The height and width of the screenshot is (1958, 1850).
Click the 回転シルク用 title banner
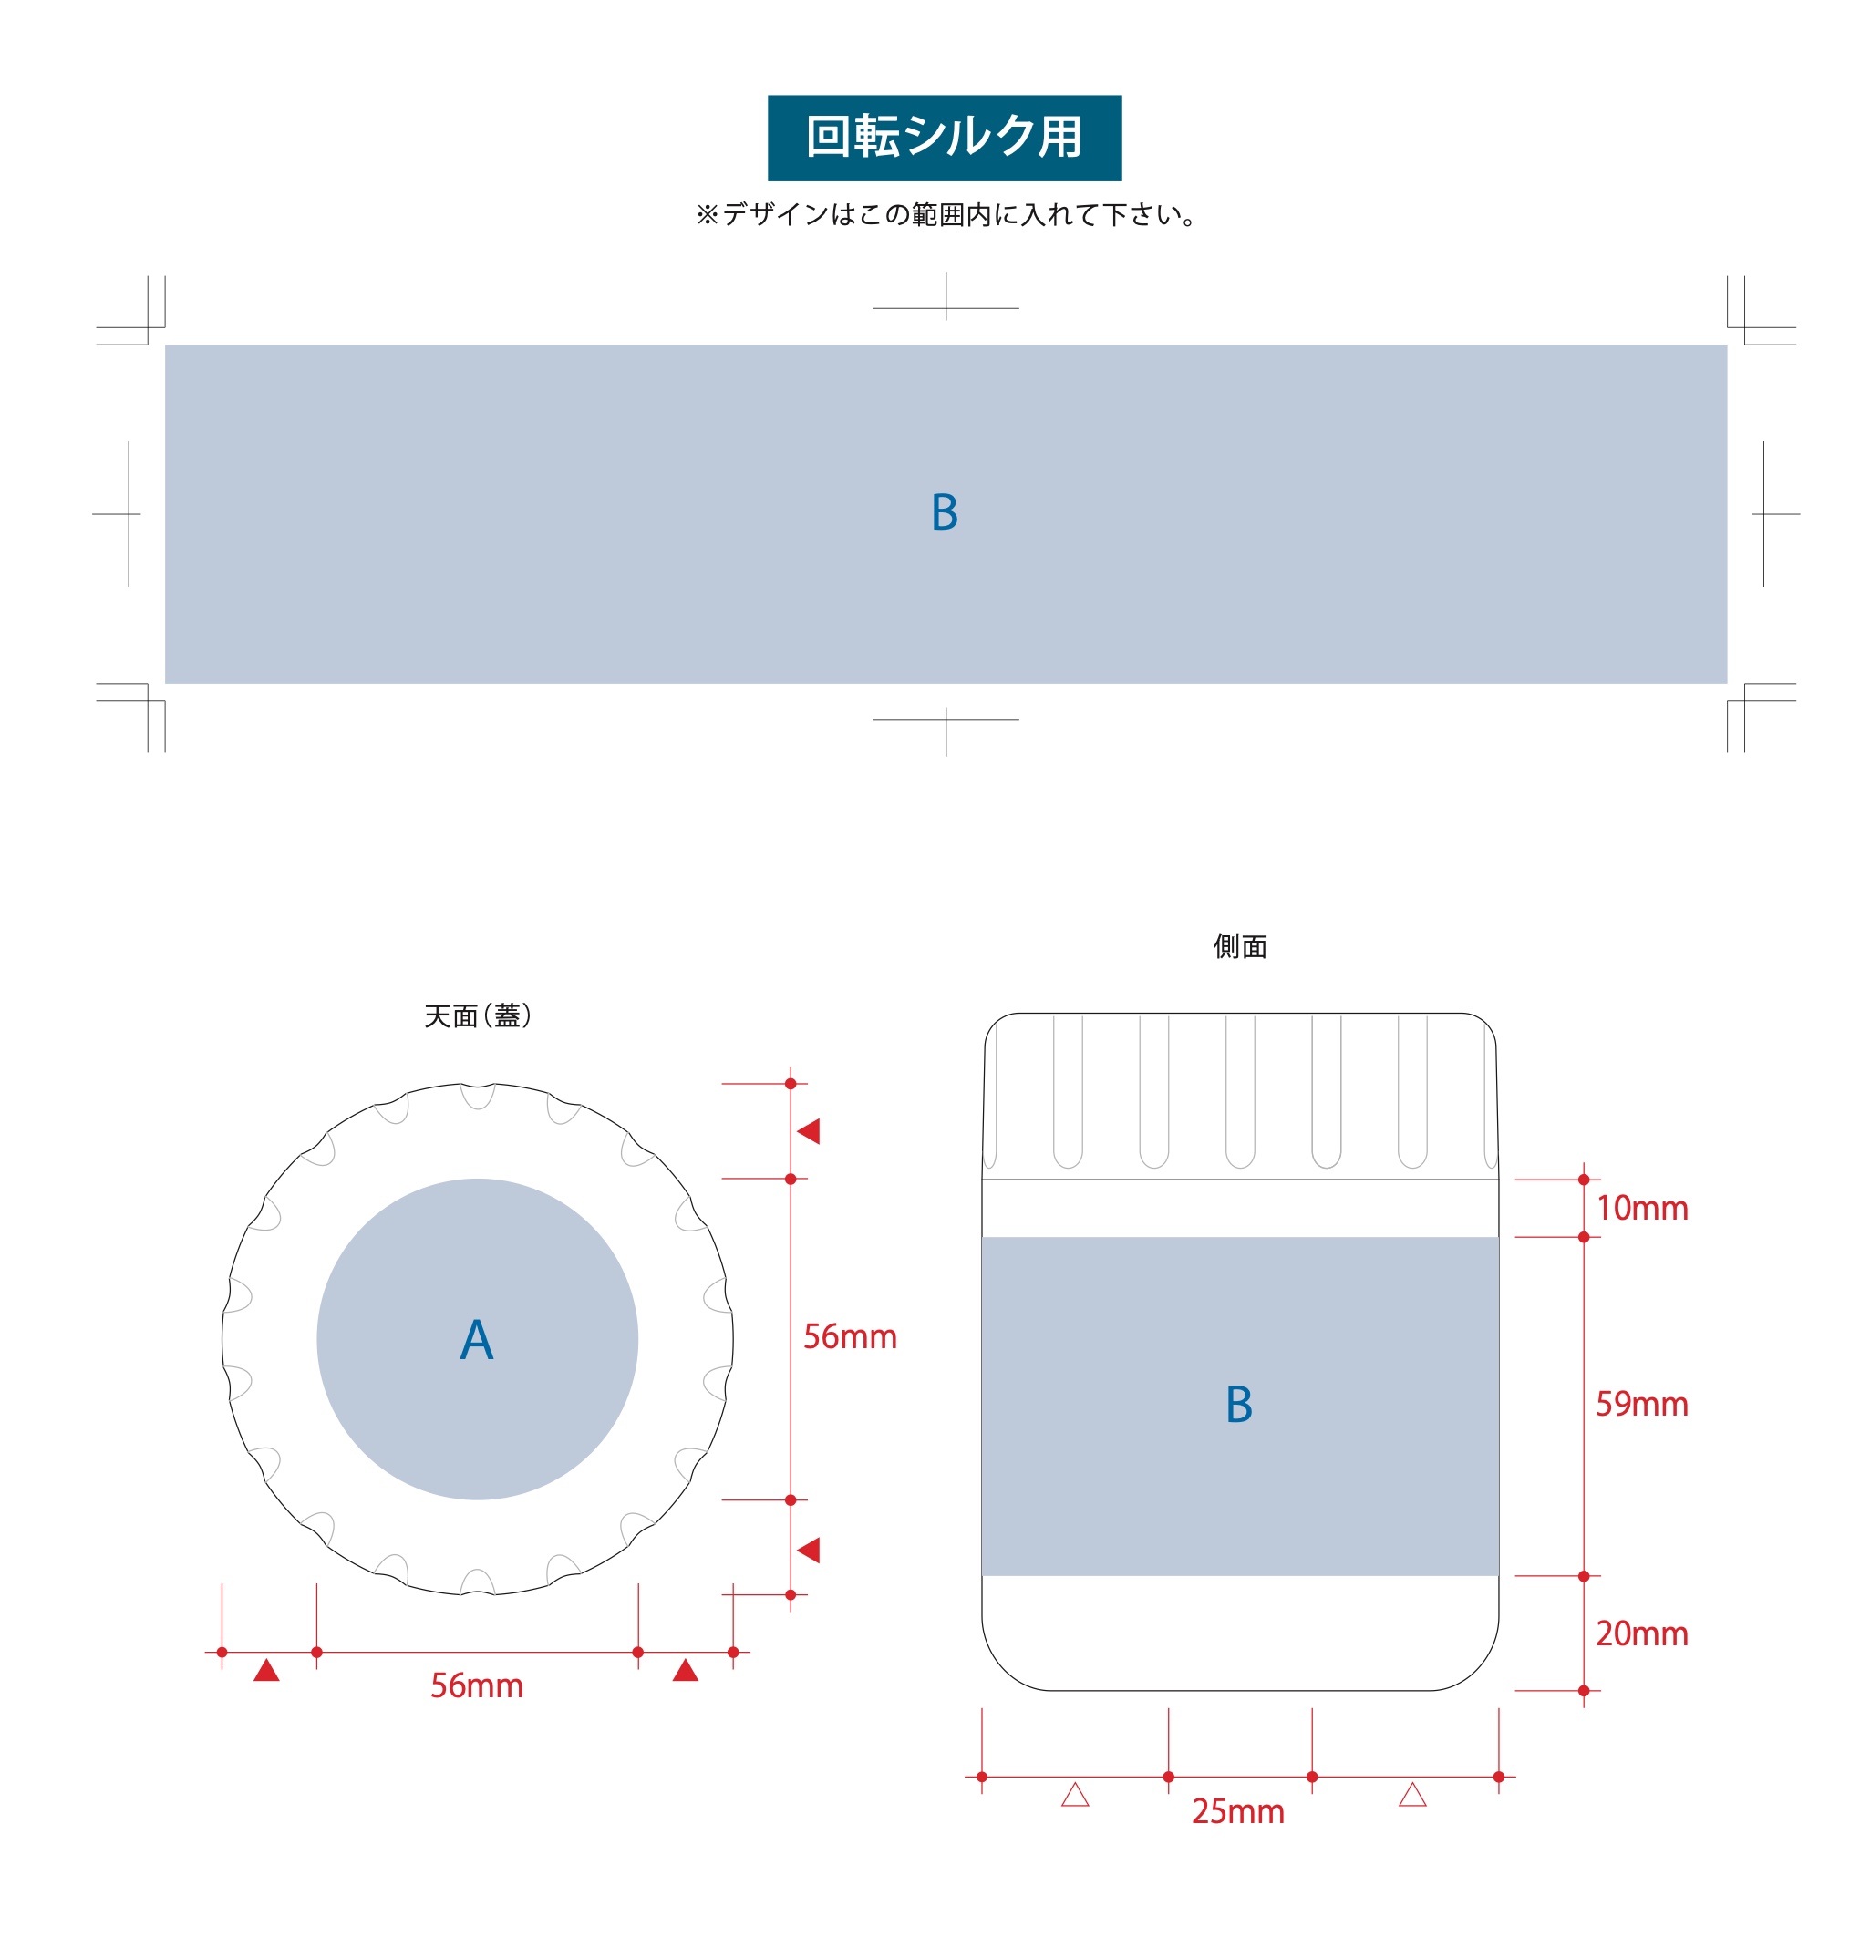tap(944, 138)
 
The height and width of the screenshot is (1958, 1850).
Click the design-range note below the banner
tap(946, 215)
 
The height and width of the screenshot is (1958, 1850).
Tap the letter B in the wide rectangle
tap(945, 512)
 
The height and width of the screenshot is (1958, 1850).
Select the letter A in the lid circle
tap(476, 1340)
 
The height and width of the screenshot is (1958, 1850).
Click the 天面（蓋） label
tap(477, 1015)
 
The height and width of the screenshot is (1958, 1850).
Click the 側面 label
tap(1240, 946)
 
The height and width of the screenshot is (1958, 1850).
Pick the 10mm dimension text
tap(1642, 1209)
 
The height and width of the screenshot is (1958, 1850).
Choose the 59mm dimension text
tap(1642, 1404)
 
